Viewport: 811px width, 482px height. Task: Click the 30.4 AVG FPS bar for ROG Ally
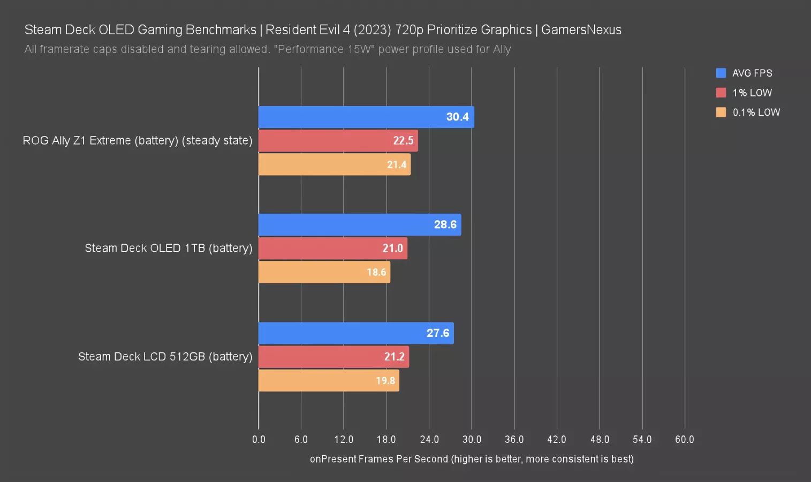tap(366, 117)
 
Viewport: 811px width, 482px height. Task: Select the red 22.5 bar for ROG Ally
tap(338, 141)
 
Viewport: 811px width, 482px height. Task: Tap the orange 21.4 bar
tap(334, 164)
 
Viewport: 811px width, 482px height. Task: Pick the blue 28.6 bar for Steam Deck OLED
tap(359, 225)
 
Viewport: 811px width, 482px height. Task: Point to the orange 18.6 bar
tap(324, 272)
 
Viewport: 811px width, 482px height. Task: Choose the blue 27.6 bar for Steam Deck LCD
tap(356, 333)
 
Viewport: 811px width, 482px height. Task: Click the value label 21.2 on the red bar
tap(395, 357)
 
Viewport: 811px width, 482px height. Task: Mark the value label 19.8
tap(385, 381)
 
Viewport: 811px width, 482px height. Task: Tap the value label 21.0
tap(393, 248)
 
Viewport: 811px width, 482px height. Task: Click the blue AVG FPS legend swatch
tap(721, 73)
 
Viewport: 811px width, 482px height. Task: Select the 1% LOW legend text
tap(752, 93)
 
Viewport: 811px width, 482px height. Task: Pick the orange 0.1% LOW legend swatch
tap(721, 112)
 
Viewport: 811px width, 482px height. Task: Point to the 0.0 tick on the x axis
tap(259, 440)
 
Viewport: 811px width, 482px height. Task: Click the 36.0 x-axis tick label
tap(514, 440)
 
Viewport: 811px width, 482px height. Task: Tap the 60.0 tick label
tap(685, 440)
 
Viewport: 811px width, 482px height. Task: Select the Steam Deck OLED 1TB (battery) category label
tap(168, 248)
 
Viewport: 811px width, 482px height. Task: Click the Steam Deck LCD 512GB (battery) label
tap(165, 357)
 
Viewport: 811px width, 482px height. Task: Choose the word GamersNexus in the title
tap(581, 30)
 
